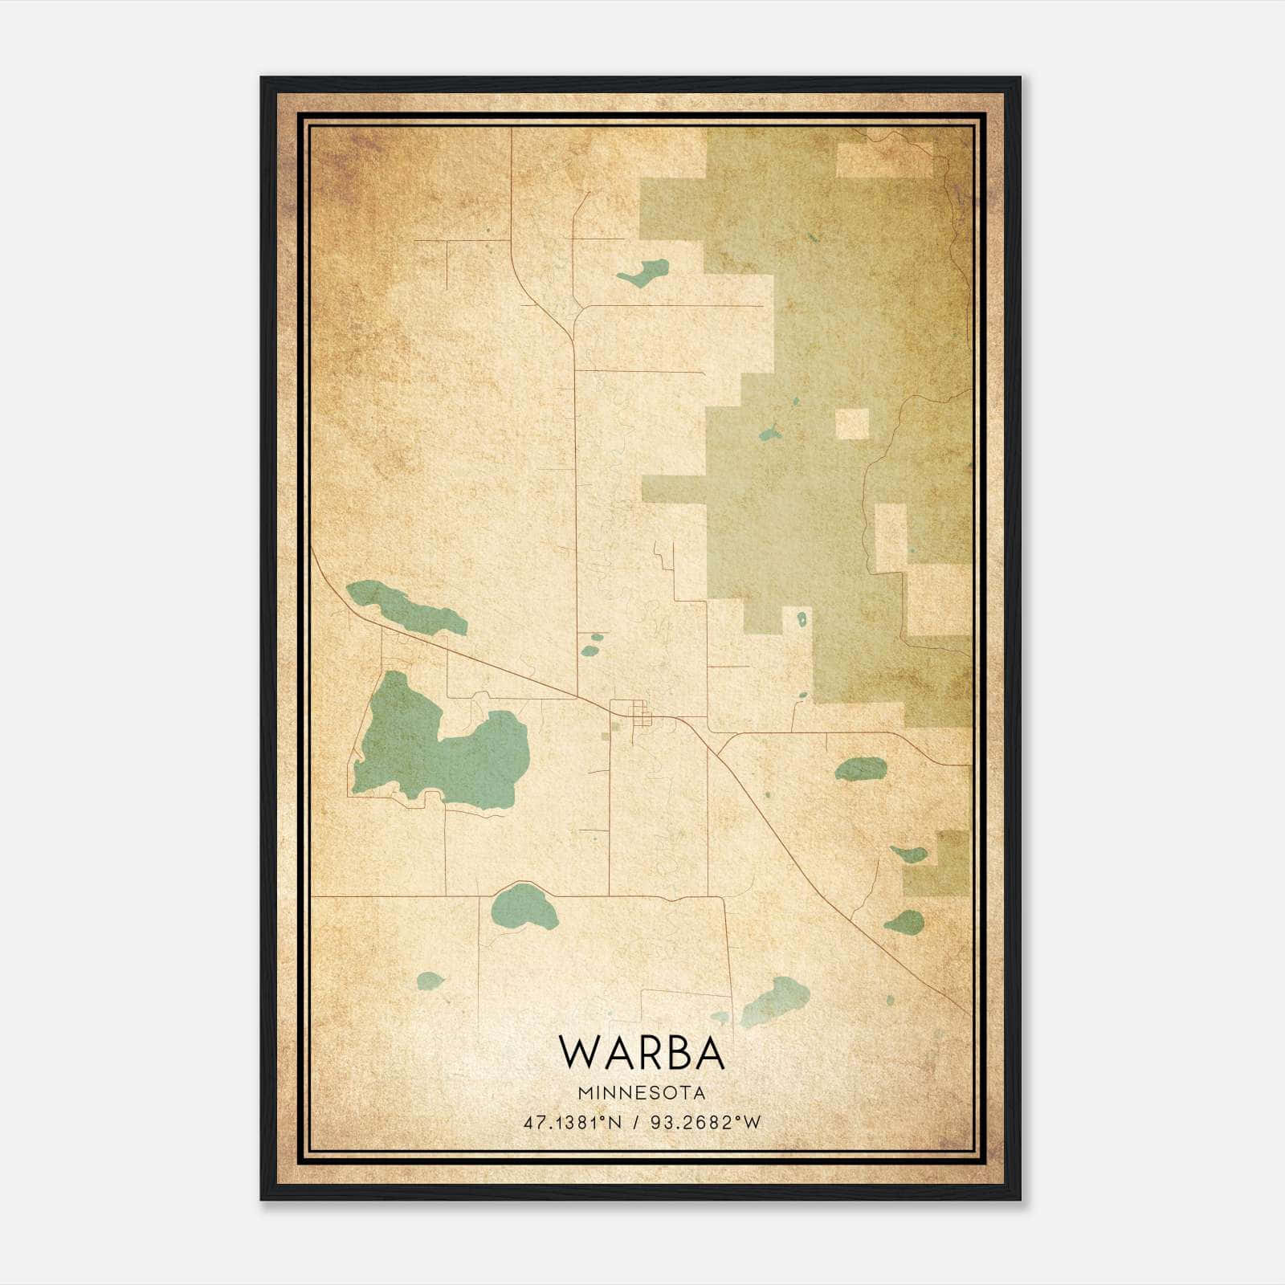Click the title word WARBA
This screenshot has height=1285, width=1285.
coord(641,1052)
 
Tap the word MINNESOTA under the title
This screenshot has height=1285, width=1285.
coord(641,1093)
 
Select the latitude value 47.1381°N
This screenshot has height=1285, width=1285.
coord(573,1123)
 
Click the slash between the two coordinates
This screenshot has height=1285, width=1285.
coord(635,1123)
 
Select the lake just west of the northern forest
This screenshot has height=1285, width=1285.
coord(644,273)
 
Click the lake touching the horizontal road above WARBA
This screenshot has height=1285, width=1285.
coord(524,906)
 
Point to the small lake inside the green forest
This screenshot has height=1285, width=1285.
coord(769,434)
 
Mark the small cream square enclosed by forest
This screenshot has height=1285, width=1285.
coord(852,424)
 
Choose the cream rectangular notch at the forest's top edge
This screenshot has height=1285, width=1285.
coord(883,160)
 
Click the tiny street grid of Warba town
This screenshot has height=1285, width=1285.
coord(640,712)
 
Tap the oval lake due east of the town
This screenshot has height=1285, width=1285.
coord(860,769)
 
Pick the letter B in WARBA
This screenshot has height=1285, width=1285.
coord(673,1052)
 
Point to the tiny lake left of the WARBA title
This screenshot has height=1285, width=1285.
coord(430,981)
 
